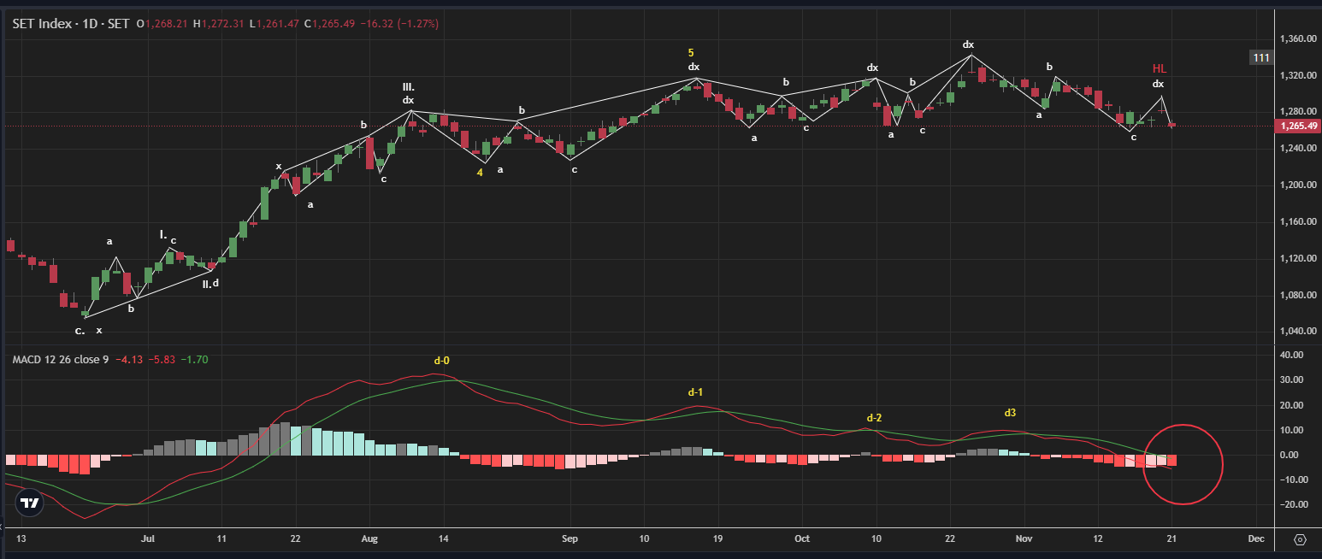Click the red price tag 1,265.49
(1296, 126)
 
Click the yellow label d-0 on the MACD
(441, 361)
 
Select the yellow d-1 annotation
(695, 392)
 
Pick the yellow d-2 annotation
(874, 418)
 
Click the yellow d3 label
(1010, 413)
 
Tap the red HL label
(1159, 68)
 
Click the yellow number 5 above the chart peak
(691, 53)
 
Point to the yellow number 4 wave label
(480, 172)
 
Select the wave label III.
(409, 87)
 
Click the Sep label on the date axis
(570, 539)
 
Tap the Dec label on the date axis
(1255, 539)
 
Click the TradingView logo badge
(30, 503)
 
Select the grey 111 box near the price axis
(1261, 57)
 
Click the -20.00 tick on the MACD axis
(1292, 504)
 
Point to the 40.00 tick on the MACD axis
(1292, 355)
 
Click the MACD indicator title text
(60, 360)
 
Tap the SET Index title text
(73, 24)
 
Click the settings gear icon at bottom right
(1300, 540)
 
